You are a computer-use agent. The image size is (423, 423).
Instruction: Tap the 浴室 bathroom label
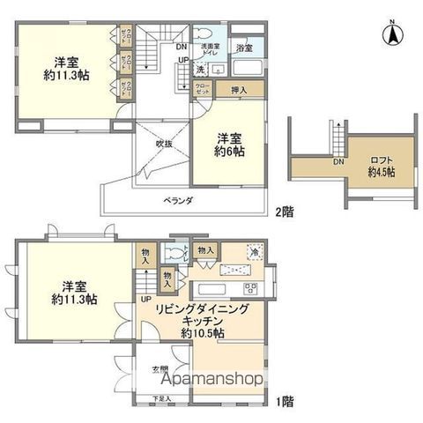coord(243,48)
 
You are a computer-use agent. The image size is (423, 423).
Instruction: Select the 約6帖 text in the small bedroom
coord(231,152)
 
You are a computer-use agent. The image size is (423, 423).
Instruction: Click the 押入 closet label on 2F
coord(238,90)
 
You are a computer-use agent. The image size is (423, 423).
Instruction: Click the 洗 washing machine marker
coord(200,70)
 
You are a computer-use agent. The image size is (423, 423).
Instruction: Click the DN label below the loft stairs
coord(338,162)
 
